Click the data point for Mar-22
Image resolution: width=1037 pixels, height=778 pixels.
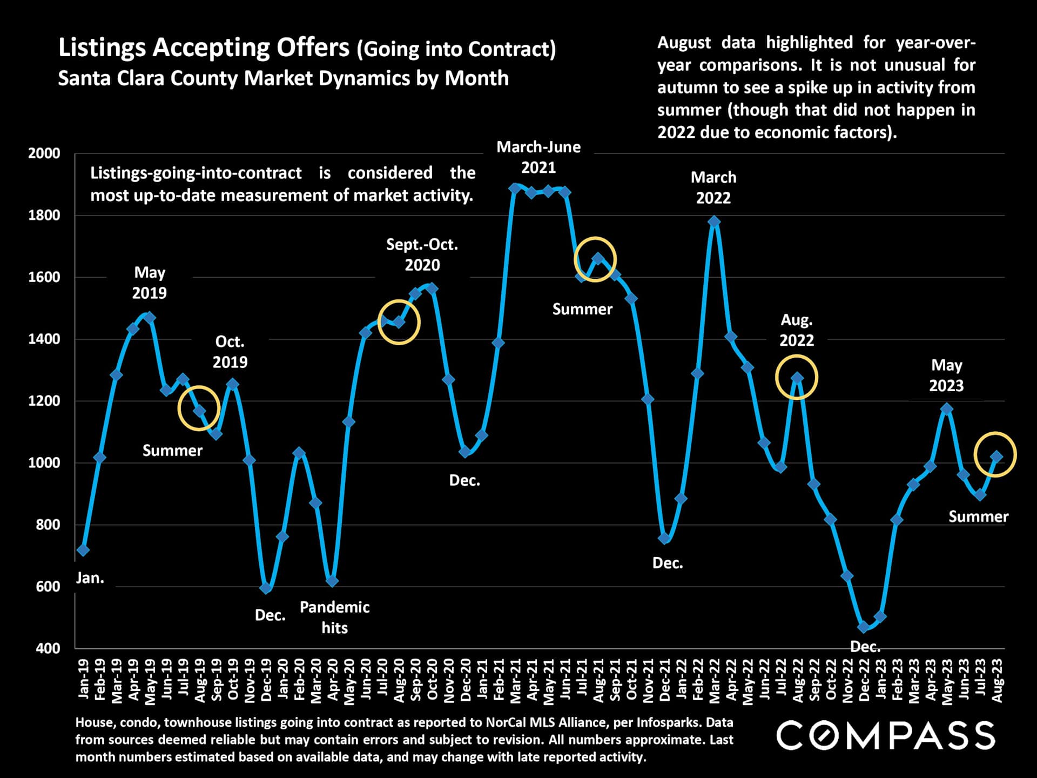pos(714,222)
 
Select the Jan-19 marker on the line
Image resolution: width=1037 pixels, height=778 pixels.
pos(83,550)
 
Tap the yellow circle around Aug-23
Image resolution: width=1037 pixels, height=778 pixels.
pos(995,455)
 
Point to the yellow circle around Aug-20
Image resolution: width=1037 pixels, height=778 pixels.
pos(399,323)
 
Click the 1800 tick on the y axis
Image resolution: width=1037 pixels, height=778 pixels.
pos(44,215)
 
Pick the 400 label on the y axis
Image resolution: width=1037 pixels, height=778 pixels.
pos(48,648)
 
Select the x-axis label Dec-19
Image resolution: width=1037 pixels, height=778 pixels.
pos(266,680)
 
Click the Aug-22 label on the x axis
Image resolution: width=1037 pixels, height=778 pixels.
pos(798,680)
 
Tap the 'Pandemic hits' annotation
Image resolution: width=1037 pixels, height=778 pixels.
pos(334,618)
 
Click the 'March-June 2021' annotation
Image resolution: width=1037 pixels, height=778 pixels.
pos(538,157)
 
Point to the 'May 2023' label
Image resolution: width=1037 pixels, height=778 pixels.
pos(946,375)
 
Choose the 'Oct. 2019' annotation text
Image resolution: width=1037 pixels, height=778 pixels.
pos(230,352)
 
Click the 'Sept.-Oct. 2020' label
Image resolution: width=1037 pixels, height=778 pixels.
pos(422,255)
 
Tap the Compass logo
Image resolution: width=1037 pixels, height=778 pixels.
pos(885,736)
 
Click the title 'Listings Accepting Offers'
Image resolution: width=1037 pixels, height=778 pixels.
pos(204,48)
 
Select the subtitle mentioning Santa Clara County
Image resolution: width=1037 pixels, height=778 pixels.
pos(283,78)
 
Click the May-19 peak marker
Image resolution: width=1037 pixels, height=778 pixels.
pos(150,318)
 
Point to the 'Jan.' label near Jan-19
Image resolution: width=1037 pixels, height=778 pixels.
pos(90,578)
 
